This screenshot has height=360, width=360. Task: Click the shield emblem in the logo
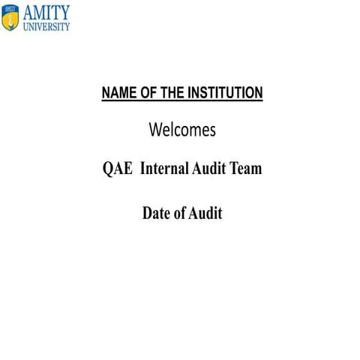(x=10, y=18)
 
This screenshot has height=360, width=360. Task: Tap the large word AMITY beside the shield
(x=45, y=12)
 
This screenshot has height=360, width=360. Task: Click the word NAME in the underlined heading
(x=117, y=93)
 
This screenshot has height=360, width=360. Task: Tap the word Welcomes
(x=182, y=130)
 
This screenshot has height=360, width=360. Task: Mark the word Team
(x=246, y=169)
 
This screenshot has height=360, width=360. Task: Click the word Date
(x=156, y=214)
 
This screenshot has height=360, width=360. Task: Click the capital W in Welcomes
(x=155, y=130)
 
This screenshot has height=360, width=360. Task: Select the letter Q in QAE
(x=108, y=169)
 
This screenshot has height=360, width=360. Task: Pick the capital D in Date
(x=148, y=214)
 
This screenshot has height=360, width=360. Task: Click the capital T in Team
(x=234, y=169)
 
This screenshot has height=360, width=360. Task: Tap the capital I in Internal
(x=143, y=169)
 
